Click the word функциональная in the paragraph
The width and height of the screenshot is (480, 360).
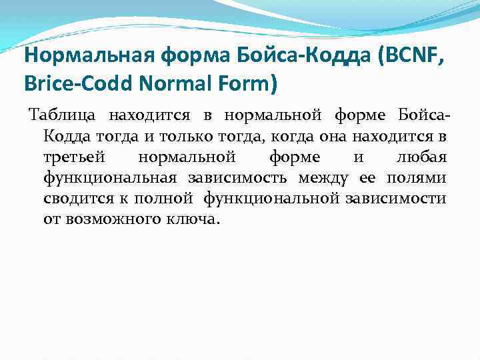110,178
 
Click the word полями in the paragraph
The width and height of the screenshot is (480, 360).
420,178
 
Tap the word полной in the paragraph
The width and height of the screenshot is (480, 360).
163,198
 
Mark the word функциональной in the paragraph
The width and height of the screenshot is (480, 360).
273,198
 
